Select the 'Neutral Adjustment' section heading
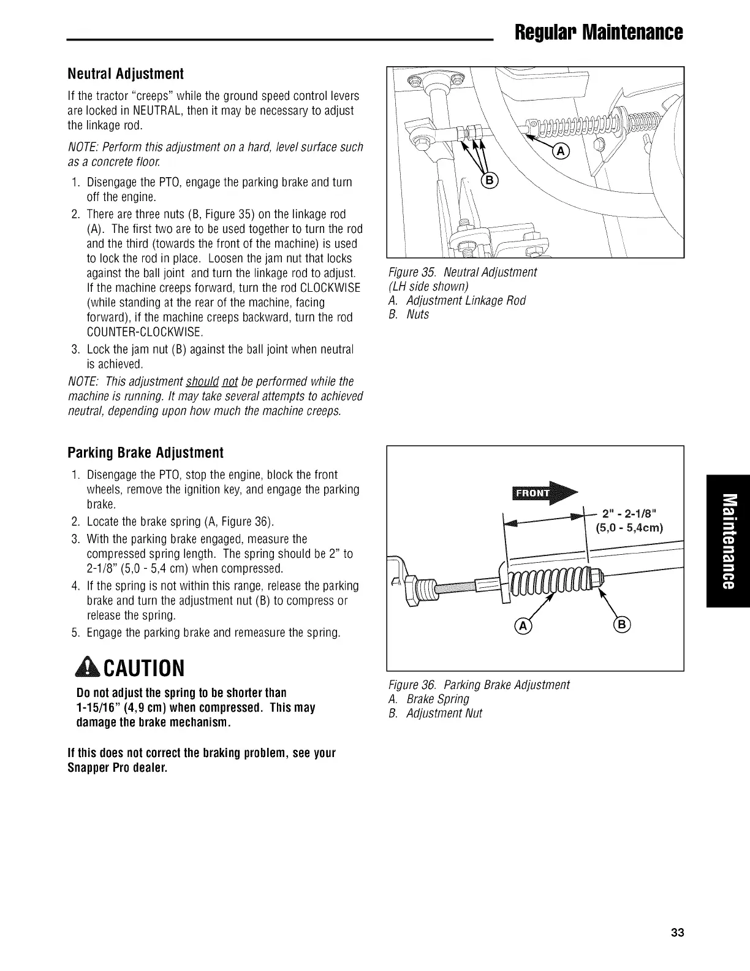(x=126, y=74)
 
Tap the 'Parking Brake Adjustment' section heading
(x=145, y=453)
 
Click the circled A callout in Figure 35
(x=561, y=152)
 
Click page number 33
(x=676, y=932)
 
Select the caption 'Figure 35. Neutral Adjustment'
(x=463, y=272)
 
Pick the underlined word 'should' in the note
(x=202, y=381)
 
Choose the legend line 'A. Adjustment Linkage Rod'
(x=457, y=300)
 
